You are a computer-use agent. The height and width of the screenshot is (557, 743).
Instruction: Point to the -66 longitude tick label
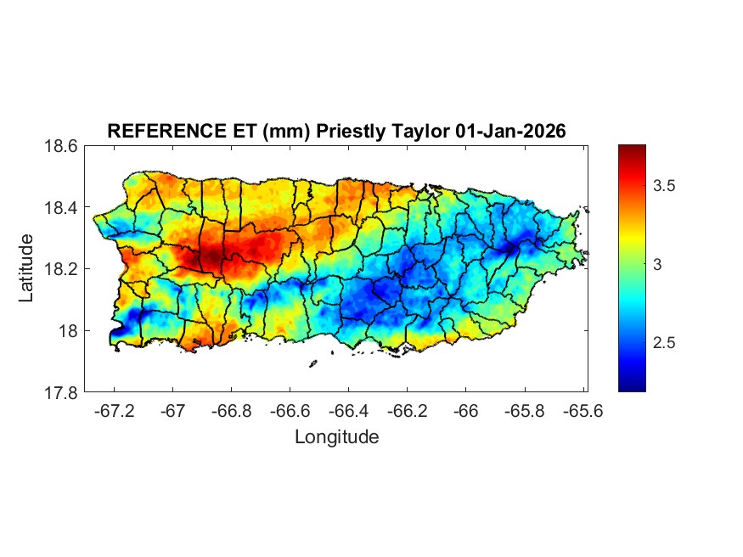tap(465, 410)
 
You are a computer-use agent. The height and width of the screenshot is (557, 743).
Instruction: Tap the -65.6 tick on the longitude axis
tap(582, 410)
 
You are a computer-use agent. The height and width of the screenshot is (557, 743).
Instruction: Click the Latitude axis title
tap(27, 268)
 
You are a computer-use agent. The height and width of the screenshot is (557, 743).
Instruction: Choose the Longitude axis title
tap(336, 437)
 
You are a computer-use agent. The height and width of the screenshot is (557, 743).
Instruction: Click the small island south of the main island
tap(312, 364)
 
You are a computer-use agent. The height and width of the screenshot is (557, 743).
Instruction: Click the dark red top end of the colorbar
tap(632, 150)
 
